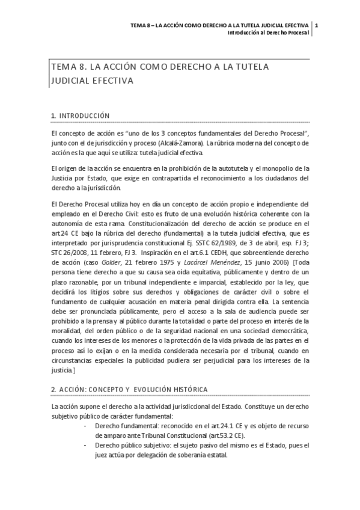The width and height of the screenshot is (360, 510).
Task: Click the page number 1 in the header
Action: pyautogui.click(x=316, y=25)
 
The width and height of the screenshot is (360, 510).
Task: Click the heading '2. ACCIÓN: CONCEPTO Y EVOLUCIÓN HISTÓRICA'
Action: pyautogui.click(x=129, y=389)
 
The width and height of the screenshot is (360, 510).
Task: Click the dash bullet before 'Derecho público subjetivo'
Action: pyautogui.click(x=85, y=445)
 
